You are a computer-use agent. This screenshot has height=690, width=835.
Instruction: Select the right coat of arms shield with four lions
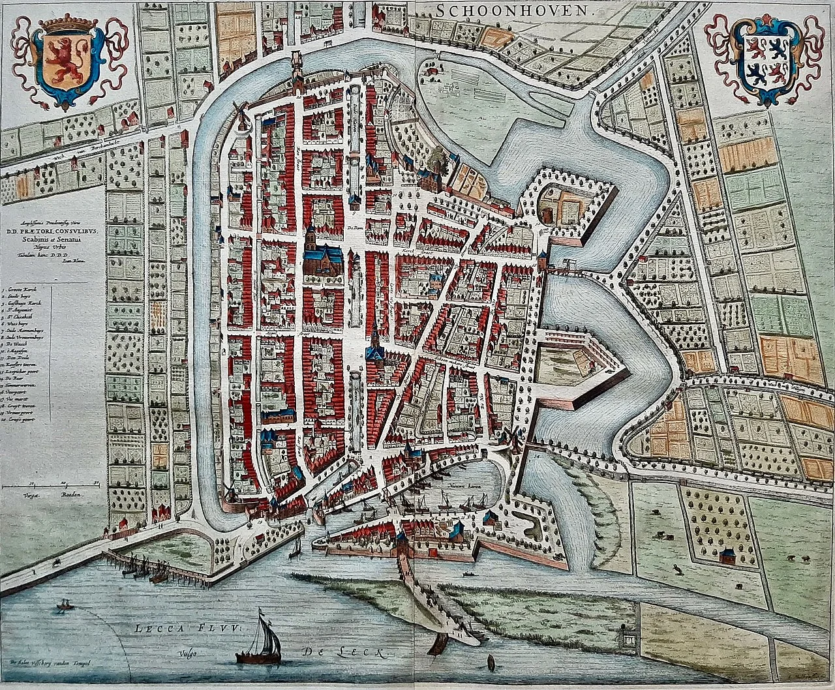(764, 59)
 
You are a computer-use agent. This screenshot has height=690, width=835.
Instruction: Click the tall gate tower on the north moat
(297, 72)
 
